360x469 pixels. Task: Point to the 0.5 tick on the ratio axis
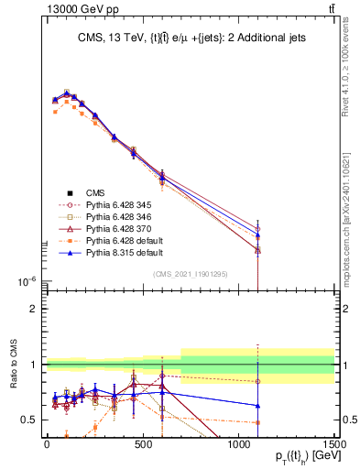29,420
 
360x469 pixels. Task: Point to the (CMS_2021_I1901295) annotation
191,274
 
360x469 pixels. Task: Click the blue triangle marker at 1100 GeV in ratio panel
257,405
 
